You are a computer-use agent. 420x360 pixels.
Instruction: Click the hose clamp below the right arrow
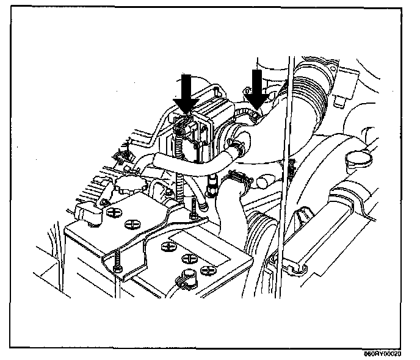point(252,114)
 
